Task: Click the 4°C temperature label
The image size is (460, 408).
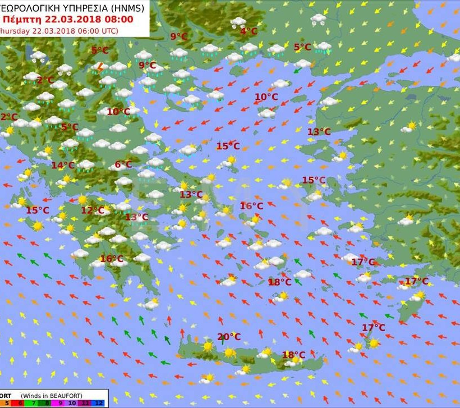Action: [x=249, y=31]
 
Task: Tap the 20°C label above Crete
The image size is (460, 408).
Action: [x=229, y=337]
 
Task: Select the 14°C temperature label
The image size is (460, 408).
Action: [x=63, y=165]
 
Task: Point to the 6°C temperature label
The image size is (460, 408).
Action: [x=123, y=164]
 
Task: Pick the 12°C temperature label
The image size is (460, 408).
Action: [x=93, y=210]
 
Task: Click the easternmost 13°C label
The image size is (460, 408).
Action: [x=319, y=131]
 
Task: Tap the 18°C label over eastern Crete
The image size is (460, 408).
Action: [x=293, y=355]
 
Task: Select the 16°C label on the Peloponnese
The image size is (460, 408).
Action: [x=111, y=259]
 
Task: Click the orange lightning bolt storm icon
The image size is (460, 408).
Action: [x=100, y=68]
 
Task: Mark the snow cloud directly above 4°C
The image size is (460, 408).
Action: [x=238, y=22]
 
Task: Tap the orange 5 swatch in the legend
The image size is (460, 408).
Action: [x=6, y=403]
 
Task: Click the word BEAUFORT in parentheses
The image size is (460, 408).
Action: [x=65, y=395]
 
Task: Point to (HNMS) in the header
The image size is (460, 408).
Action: [x=126, y=8]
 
